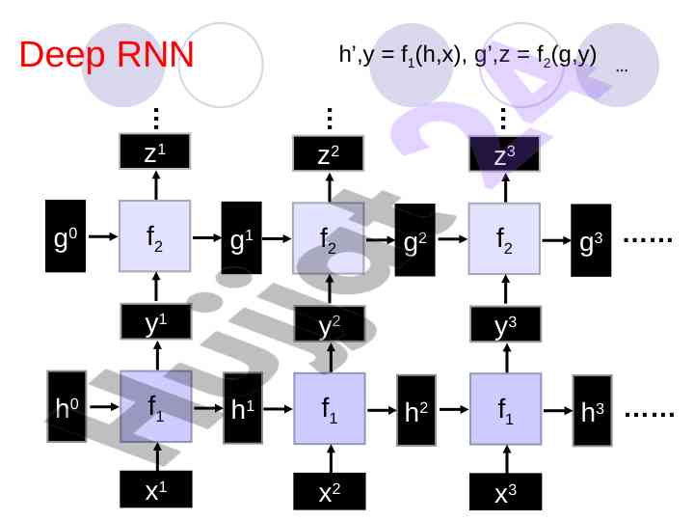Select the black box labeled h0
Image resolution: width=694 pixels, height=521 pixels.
pyautogui.click(x=67, y=409)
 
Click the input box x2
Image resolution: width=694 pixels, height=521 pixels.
pyautogui.click(x=329, y=493)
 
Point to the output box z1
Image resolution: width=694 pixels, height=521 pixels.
pyautogui.click(x=154, y=151)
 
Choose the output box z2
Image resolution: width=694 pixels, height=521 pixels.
pyautogui.click(x=329, y=153)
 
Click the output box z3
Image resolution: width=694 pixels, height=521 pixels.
pyautogui.click(x=504, y=153)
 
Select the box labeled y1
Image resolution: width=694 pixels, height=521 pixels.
pyautogui.click(x=154, y=323)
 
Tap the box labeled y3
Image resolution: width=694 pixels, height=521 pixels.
pyautogui.click(x=504, y=325)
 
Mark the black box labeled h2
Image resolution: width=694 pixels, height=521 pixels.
pyautogui.click(x=416, y=411)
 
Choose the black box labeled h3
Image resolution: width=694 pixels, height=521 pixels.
pyautogui.click(x=592, y=412)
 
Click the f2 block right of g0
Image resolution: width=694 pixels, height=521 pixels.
pyautogui.click(x=154, y=236)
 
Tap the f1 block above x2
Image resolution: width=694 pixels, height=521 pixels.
pyautogui.click(x=330, y=408)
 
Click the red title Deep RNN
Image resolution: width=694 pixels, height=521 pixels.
pyautogui.click(x=106, y=55)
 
